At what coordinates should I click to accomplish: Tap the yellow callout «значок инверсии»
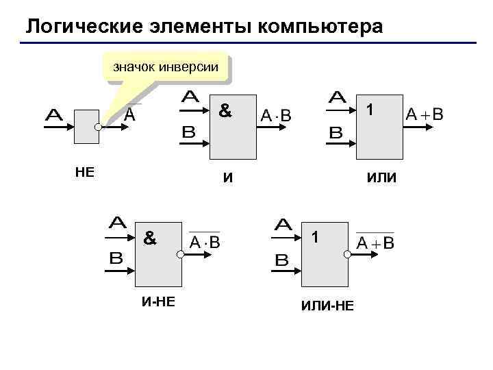click(165, 67)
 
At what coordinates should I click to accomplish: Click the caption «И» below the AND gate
click(228, 179)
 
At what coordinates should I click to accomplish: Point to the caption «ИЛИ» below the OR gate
click(381, 179)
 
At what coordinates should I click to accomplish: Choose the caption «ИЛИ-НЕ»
click(327, 305)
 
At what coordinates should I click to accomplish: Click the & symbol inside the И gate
click(224, 110)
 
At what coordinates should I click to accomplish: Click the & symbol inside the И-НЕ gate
click(149, 238)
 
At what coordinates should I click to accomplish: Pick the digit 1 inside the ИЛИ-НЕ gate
click(314, 238)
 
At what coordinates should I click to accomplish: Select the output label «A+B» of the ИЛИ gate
click(425, 114)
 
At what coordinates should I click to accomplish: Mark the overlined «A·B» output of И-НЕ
click(205, 242)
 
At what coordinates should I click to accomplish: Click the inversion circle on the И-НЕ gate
click(179, 254)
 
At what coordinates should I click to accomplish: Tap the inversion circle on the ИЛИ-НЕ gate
click(347, 254)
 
